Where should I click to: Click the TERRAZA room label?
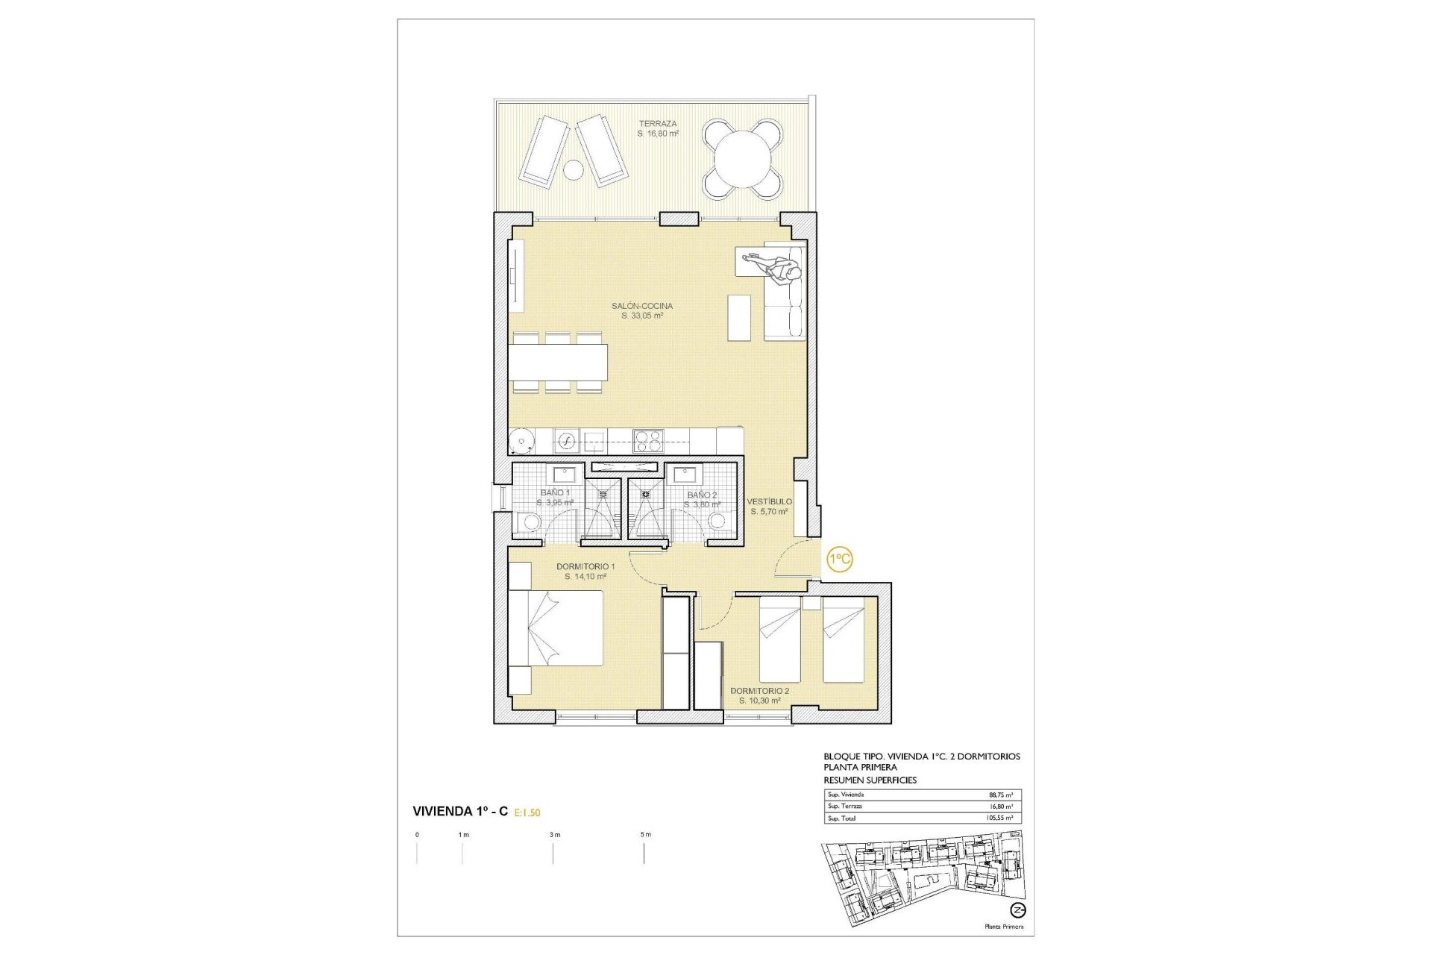[657, 124]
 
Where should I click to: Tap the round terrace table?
[743, 160]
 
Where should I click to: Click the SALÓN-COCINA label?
[641, 306]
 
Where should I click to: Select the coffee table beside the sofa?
[739, 318]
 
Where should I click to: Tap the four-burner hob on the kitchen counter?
[648, 441]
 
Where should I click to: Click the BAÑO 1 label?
[555, 493]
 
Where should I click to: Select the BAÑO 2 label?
[702, 495]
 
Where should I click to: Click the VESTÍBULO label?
[770, 501]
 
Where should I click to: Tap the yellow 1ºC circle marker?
[840, 559]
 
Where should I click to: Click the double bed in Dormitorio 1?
[556, 627]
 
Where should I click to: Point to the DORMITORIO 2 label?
[759, 691]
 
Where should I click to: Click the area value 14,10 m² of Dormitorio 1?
[585, 577]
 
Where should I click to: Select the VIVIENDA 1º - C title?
[460, 812]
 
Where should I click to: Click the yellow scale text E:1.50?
[527, 812]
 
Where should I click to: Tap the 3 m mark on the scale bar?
[553, 835]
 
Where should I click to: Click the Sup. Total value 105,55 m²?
[999, 818]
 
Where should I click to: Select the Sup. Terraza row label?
[844, 807]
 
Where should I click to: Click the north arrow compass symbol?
[1018, 910]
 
